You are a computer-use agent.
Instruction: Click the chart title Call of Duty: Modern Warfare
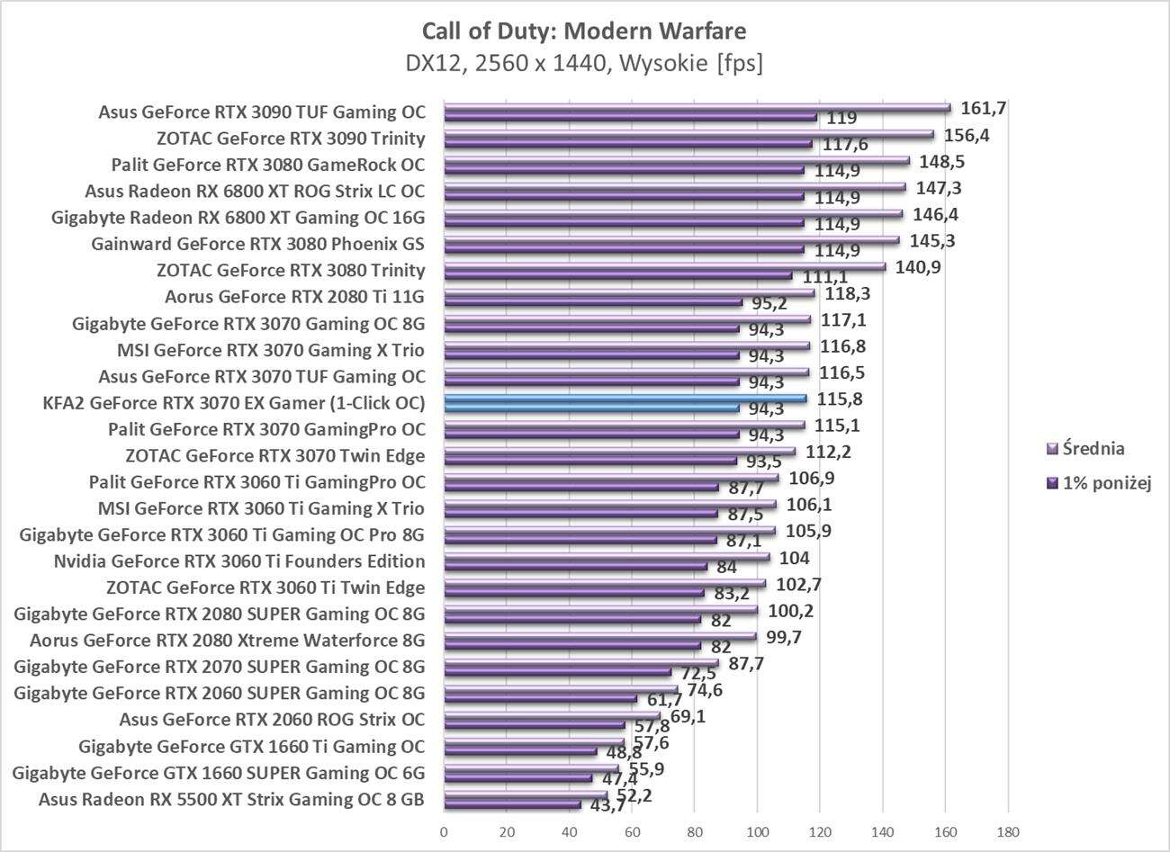(x=584, y=31)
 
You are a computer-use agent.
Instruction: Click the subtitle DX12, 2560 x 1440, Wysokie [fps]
(x=584, y=64)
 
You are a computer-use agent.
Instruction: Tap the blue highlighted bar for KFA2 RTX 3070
(x=625, y=398)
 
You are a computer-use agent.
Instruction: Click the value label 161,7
(x=984, y=108)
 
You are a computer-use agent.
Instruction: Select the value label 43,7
(x=606, y=806)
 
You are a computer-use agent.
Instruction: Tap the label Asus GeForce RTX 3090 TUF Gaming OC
(x=261, y=112)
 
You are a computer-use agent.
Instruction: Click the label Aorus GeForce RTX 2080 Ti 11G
(x=294, y=297)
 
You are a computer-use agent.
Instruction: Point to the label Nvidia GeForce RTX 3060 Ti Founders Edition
(x=239, y=561)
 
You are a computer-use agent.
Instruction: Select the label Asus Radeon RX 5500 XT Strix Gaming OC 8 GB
(x=231, y=799)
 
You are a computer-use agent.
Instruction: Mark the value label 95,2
(x=769, y=303)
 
